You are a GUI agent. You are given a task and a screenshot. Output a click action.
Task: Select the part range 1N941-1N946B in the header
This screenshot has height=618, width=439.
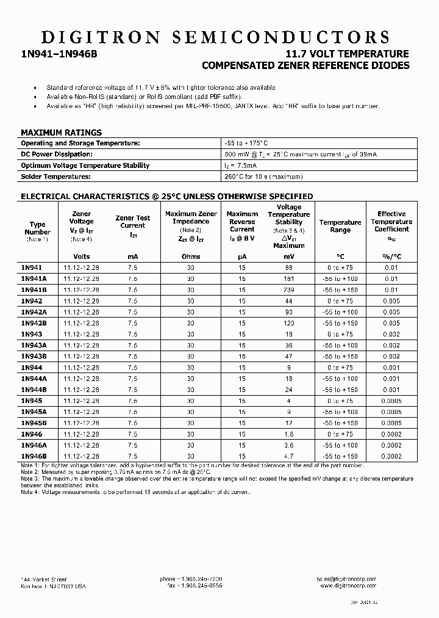tap(59, 54)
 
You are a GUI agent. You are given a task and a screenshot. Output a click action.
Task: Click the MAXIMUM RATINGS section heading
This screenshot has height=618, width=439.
tap(61, 132)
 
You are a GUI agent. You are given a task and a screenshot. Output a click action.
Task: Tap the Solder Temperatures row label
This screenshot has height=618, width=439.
tap(55, 176)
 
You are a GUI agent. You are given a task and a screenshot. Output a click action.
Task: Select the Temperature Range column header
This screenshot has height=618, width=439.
tap(340, 226)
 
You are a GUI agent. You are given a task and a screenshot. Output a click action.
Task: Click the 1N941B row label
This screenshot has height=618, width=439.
tap(34, 289)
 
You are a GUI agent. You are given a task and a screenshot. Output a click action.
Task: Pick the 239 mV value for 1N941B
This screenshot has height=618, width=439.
tap(288, 289)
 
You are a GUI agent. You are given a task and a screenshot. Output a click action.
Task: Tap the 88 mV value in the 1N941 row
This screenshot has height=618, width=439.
tap(288, 267)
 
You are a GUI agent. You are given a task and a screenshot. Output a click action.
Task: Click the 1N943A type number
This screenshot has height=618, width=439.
tap(34, 345)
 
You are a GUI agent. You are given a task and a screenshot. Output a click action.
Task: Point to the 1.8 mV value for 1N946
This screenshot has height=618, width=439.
tap(288, 434)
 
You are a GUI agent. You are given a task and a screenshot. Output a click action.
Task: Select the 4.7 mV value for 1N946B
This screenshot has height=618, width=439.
tap(288, 456)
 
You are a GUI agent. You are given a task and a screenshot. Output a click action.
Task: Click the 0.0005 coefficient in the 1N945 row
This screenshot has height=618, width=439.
tap(391, 401)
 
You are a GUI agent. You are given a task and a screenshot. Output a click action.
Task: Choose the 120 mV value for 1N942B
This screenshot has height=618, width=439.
tap(288, 323)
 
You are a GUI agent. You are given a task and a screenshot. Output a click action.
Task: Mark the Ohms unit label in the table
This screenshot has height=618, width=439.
tap(191, 256)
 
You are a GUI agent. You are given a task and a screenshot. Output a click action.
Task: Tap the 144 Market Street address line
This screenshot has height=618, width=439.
tap(43, 579)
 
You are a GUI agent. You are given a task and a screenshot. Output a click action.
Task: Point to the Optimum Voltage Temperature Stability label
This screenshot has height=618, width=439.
tap(85, 165)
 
